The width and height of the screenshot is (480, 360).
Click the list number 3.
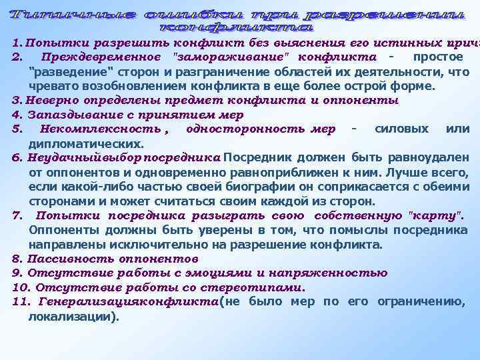pos(16,100)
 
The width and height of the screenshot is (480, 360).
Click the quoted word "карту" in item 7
pos(434,216)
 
